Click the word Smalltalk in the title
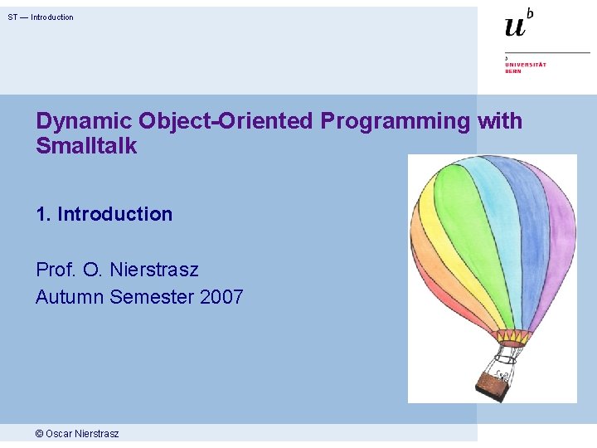86,147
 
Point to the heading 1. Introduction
104,214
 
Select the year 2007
221,296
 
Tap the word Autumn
70,296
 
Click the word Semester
152,296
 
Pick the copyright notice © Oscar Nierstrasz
77,434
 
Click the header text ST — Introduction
41,17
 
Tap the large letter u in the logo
515,27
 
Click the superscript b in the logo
530,12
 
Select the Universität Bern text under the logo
526,67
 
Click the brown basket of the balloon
493,384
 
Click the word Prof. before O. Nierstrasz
56,270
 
